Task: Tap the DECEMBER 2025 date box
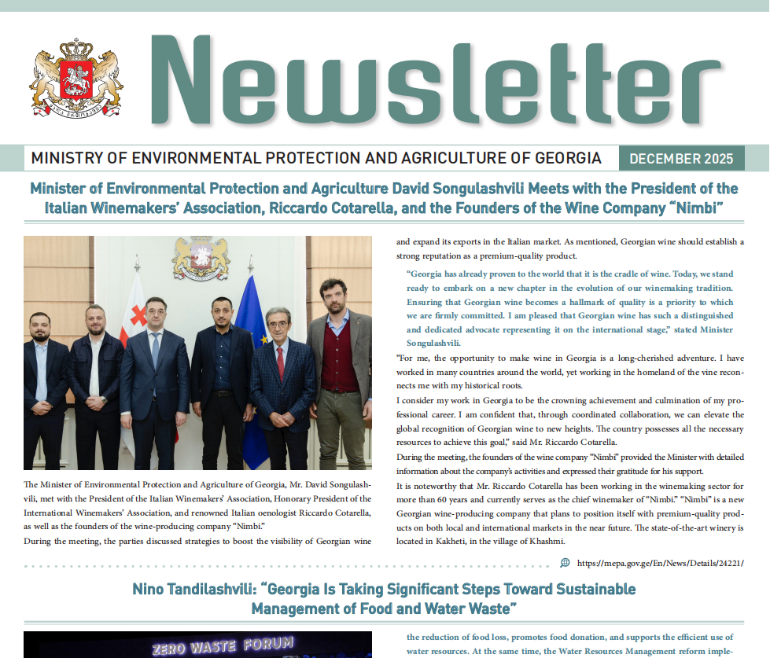point(682,158)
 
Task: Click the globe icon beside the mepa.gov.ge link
point(565,563)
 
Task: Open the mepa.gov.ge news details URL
point(660,564)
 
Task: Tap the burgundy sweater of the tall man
point(340,362)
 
